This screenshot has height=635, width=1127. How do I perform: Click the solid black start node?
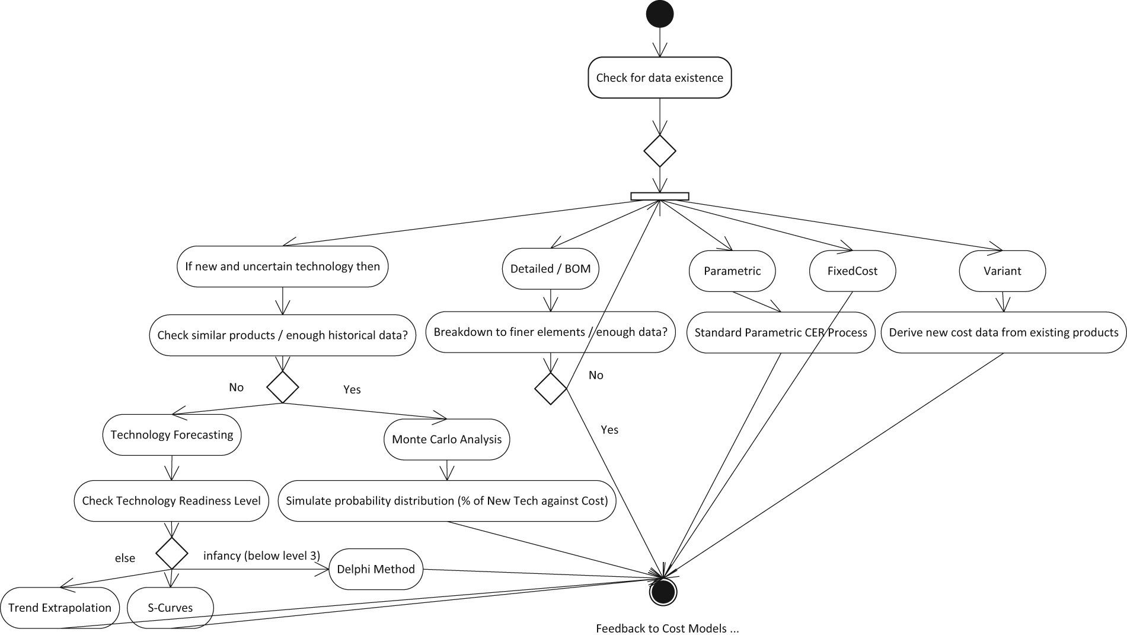[659, 14]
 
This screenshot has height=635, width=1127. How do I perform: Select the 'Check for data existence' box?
[659, 77]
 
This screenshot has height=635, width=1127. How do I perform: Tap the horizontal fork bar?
[660, 196]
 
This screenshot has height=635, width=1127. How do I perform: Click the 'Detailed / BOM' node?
[551, 269]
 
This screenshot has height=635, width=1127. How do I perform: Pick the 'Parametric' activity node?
[732, 271]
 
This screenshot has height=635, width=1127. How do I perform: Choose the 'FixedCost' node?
[853, 271]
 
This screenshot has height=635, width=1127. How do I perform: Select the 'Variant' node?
[1003, 271]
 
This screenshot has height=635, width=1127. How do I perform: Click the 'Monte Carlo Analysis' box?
[447, 439]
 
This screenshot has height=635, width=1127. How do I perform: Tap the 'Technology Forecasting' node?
[172, 435]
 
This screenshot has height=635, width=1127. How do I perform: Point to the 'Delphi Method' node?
[376, 569]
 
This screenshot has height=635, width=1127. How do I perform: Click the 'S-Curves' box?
[170, 608]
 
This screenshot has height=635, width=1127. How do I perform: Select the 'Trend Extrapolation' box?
[60, 608]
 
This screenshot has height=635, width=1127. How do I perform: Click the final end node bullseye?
[663, 592]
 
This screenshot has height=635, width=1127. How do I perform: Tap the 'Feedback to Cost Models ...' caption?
[668, 628]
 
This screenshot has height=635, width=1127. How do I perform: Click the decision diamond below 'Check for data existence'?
[660, 151]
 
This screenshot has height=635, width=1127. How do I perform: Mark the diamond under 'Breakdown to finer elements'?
[551, 389]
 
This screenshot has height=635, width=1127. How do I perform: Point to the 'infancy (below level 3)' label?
[261, 555]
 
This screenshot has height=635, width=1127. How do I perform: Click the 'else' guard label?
[125, 558]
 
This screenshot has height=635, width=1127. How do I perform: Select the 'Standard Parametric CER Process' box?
[781, 332]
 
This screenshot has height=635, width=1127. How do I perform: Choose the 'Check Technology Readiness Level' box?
[171, 501]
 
